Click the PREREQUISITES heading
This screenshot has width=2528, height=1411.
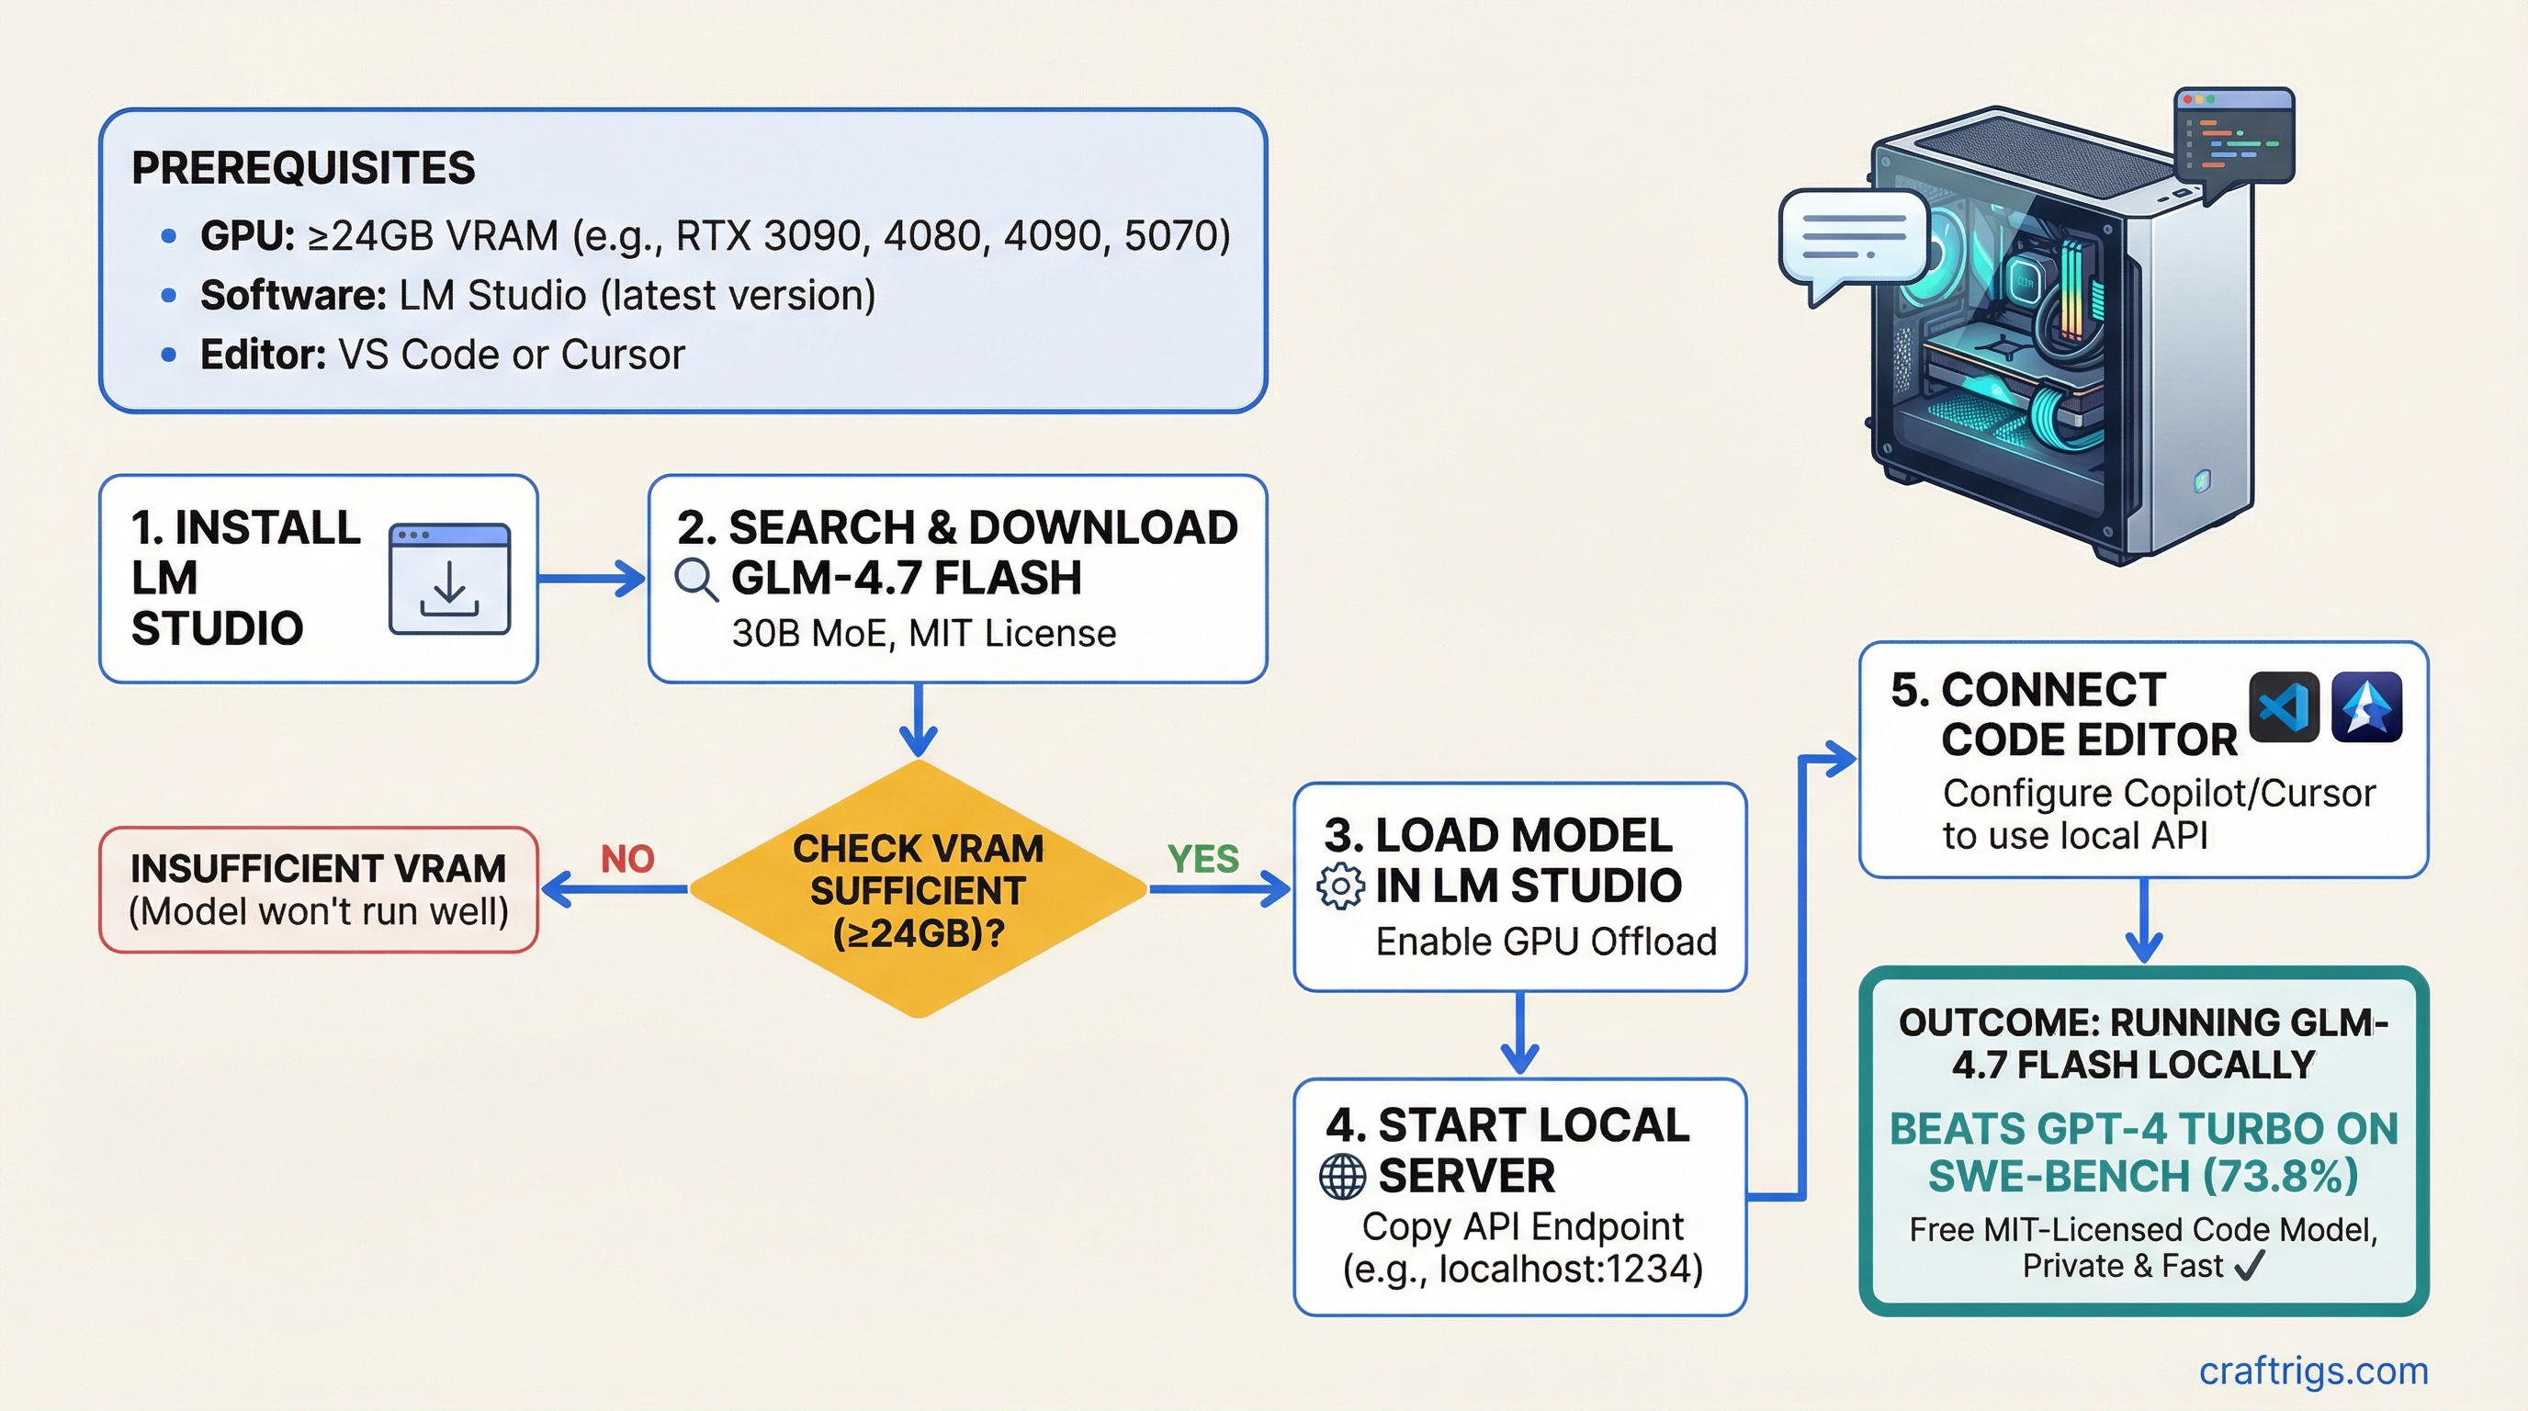[x=303, y=168]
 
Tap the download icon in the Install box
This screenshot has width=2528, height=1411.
[x=449, y=579]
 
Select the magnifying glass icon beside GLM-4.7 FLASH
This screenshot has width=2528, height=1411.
[x=695, y=579]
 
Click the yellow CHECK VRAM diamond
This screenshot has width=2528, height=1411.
[x=919, y=889]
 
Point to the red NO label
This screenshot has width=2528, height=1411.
[x=627, y=860]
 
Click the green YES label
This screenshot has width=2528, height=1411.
[x=1203, y=860]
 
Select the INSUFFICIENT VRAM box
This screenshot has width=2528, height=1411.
[x=319, y=890]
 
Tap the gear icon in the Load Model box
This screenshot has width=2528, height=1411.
[x=1339, y=886]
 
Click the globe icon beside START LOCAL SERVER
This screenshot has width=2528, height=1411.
[x=1341, y=1176]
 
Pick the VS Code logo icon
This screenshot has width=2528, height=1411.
[x=2284, y=707]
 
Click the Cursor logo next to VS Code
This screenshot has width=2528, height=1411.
[x=2367, y=707]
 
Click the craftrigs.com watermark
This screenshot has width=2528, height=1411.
[x=2313, y=1370]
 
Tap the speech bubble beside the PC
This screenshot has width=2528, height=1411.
[x=1851, y=241]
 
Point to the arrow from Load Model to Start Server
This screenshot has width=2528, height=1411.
[x=1519, y=1033]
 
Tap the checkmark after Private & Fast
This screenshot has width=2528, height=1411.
[x=2249, y=1266]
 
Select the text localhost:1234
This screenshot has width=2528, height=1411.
[x=1570, y=1269]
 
